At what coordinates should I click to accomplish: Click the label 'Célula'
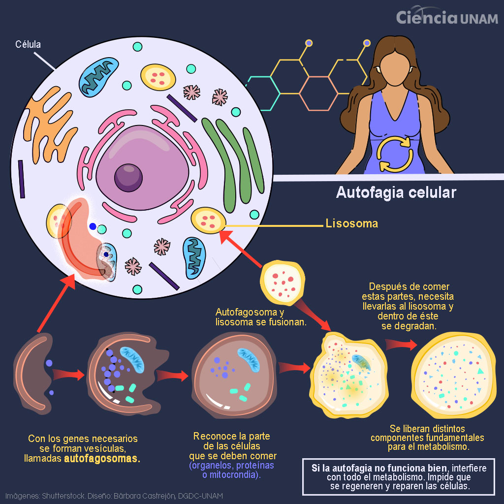(x=28, y=45)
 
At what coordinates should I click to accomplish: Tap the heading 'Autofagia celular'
(x=396, y=192)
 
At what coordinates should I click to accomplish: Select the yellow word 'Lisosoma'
(x=352, y=223)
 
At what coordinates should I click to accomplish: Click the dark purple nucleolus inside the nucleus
(x=128, y=178)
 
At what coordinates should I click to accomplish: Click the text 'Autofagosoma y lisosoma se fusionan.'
(x=261, y=317)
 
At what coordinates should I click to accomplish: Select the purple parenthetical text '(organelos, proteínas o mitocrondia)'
(x=232, y=470)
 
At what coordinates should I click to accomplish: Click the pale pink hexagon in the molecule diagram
(x=318, y=93)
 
